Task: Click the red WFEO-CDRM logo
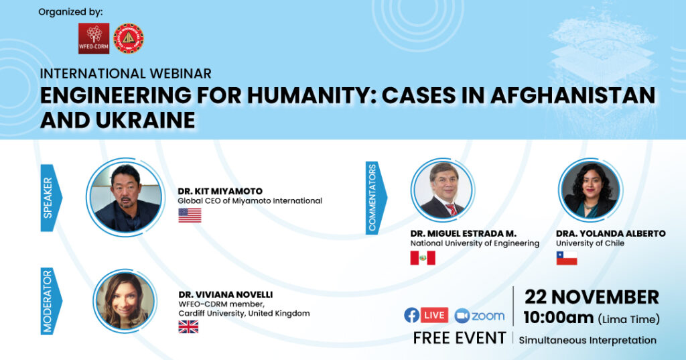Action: point(94,38)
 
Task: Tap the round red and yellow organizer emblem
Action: point(129,38)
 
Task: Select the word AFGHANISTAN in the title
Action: point(573,95)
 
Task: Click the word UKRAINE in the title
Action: point(145,120)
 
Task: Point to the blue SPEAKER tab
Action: point(51,198)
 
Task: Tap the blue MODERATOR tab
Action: point(51,301)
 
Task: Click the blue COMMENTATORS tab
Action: point(375,198)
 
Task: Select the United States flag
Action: point(190,215)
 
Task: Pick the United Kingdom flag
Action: point(188,326)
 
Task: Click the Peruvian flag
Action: point(423,258)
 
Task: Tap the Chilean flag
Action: point(567,258)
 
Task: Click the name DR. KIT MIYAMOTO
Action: point(220,191)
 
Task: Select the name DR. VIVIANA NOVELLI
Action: point(226,294)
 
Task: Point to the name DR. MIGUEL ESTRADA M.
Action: point(464,233)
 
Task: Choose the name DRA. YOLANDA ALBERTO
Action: point(611,233)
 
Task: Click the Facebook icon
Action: point(412,315)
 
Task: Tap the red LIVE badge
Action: point(434,315)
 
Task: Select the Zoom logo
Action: point(480,315)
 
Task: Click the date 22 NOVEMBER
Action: point(592,298)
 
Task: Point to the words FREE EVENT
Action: point(460,339)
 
